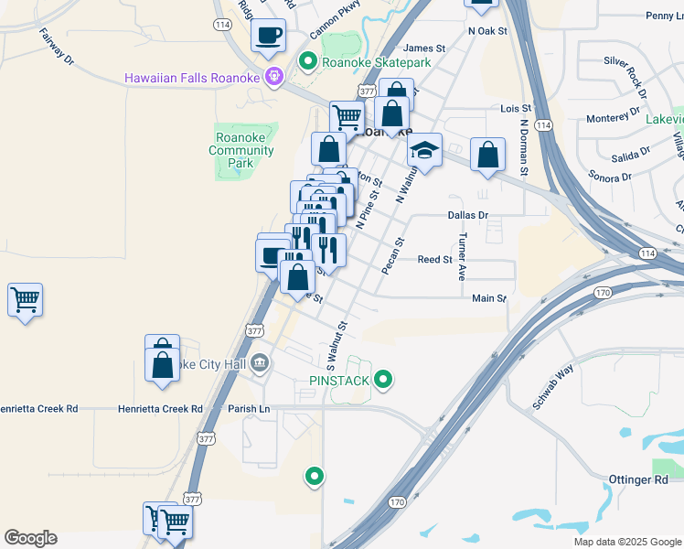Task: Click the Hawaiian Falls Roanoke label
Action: tap(192, 77)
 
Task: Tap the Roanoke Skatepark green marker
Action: tap(308, 62)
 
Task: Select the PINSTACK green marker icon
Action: tap(384, 379)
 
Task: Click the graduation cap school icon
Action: tap(424, 150)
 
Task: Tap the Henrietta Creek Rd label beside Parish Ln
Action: tap(160, 409)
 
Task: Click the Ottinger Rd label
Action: tap(638, 479)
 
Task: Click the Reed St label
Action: tap(435, 260)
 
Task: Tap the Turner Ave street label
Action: tap(463, 255)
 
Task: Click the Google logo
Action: tap(30, 538)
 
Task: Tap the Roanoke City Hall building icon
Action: tap(260, 364)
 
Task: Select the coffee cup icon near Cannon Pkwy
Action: tap(268, 36)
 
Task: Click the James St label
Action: tap(423, 48)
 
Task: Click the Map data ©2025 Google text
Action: tap(626, 542)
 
